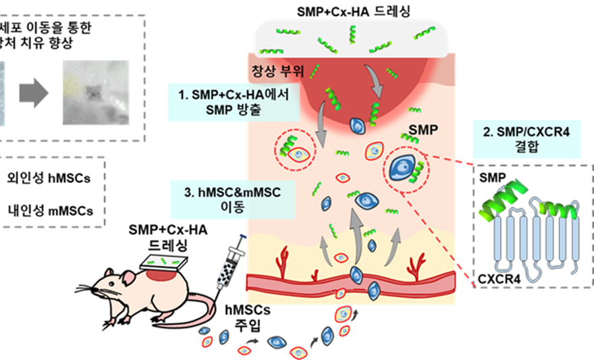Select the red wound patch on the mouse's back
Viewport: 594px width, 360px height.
tap(159, 273)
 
